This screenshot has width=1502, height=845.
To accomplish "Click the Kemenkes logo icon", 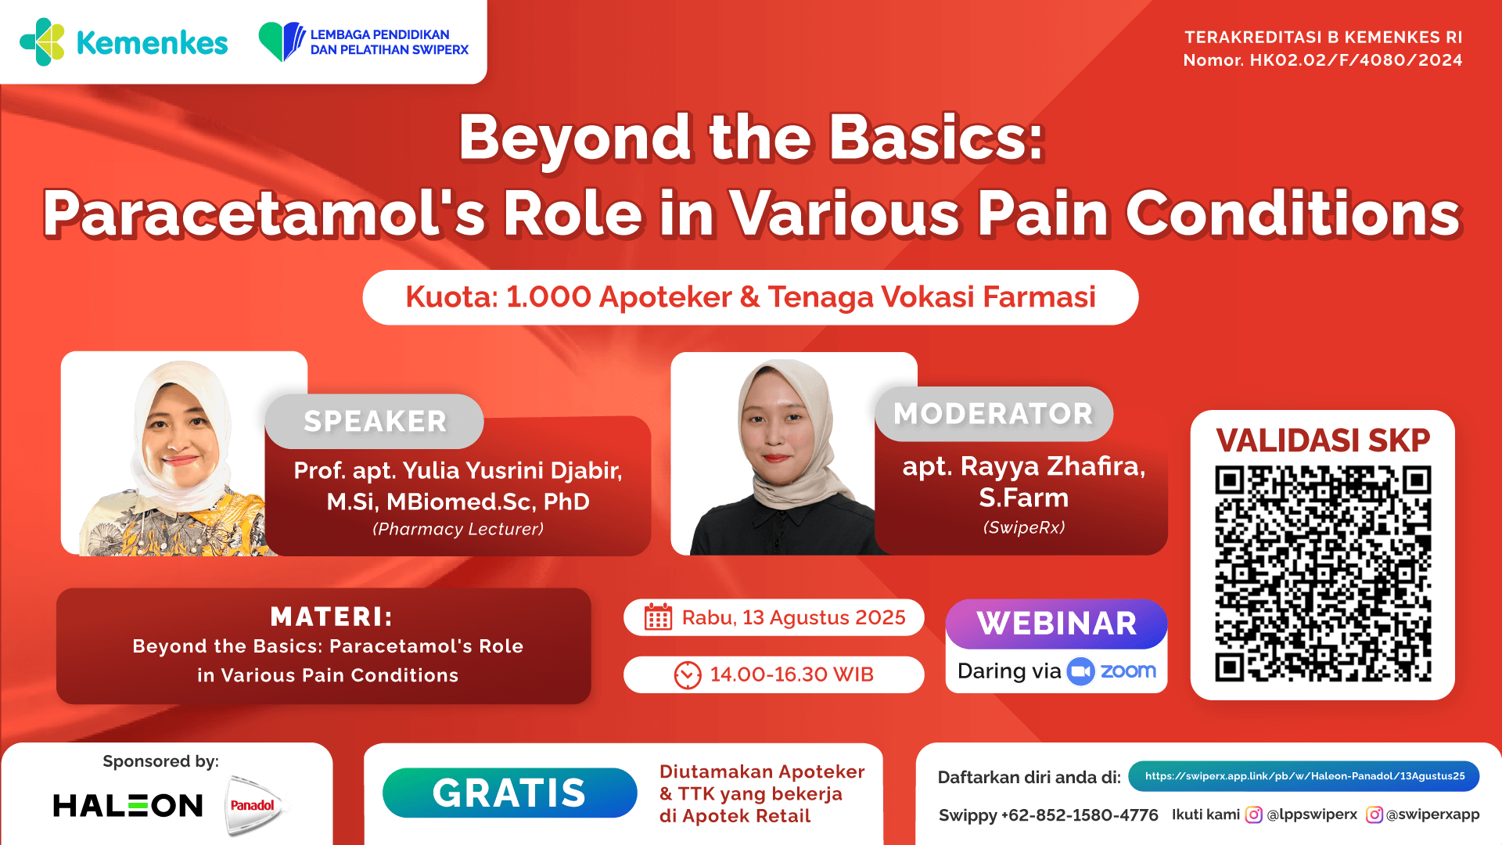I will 42,42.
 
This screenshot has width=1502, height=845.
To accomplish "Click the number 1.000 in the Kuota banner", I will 548,297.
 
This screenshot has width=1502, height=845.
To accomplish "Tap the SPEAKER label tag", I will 375,421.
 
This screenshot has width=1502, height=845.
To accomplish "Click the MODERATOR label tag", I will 993,414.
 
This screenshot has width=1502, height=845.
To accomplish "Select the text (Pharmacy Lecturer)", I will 458,529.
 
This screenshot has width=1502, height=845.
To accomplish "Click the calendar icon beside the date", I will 658,617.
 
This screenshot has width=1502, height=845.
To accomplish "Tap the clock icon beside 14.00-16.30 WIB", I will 688,674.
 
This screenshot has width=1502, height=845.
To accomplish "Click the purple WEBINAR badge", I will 1056,624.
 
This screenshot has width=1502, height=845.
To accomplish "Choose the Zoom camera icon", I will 1080,671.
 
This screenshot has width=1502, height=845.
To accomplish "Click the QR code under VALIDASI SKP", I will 1322,573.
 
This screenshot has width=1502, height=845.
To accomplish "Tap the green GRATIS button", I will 509,793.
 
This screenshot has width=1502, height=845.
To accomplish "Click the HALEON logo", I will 128,805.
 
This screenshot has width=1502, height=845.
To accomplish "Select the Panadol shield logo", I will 253,805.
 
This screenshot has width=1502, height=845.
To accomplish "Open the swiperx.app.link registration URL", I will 1304,776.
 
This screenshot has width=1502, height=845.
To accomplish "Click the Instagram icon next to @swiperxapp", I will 1374,814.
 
